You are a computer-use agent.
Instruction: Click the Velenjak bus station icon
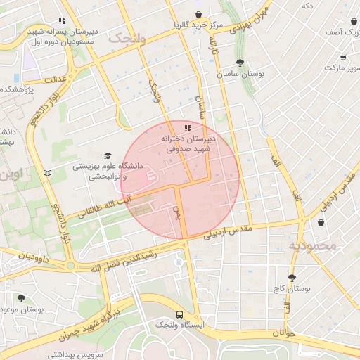click(x=179, y=314)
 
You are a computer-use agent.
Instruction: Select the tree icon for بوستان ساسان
click(x=240, y=63)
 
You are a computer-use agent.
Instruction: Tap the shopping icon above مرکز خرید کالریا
click(x=198, y=14)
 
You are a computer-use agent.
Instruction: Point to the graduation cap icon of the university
click(x=108, y=155)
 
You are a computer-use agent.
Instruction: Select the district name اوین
click(x=11, y=172)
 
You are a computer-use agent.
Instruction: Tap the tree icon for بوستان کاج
click(x=292, y=277)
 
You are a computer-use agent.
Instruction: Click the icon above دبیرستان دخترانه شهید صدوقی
click(x=187, y=128)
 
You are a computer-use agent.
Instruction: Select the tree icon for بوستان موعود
click(x=21, y=298)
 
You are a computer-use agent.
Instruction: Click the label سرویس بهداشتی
click(x=76, y=355)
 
